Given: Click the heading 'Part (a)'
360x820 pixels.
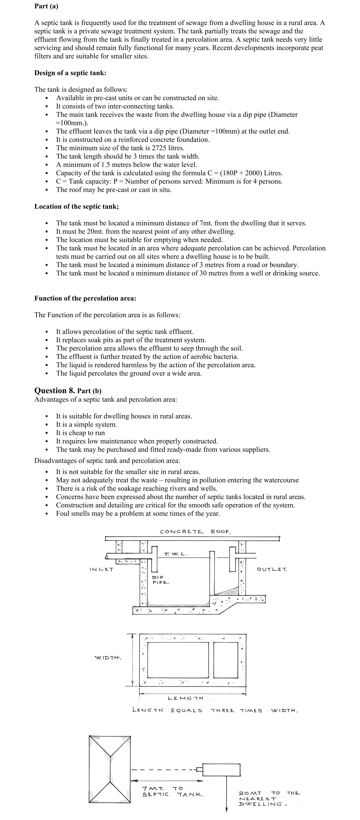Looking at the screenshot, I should coord(46,6).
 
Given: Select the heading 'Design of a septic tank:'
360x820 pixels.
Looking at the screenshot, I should coord(70,73).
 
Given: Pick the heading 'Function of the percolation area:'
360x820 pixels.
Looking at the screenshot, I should coord(85,298).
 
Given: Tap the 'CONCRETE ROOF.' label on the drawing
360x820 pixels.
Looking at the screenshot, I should coord(195,532).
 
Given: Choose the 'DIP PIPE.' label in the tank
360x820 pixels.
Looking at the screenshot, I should coord(161,580).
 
